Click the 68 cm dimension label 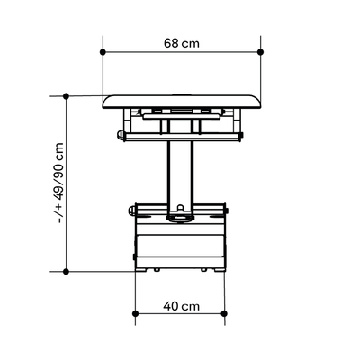point(182,43)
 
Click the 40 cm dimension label point(181,306)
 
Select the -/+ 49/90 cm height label point(60,183)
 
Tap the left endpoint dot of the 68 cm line point(103,52)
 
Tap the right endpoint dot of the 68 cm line point(260,52)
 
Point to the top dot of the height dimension point(67,96)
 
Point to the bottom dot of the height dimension point(67,272)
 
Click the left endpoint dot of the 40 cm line point(135,313)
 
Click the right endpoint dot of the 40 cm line point(224,313)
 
